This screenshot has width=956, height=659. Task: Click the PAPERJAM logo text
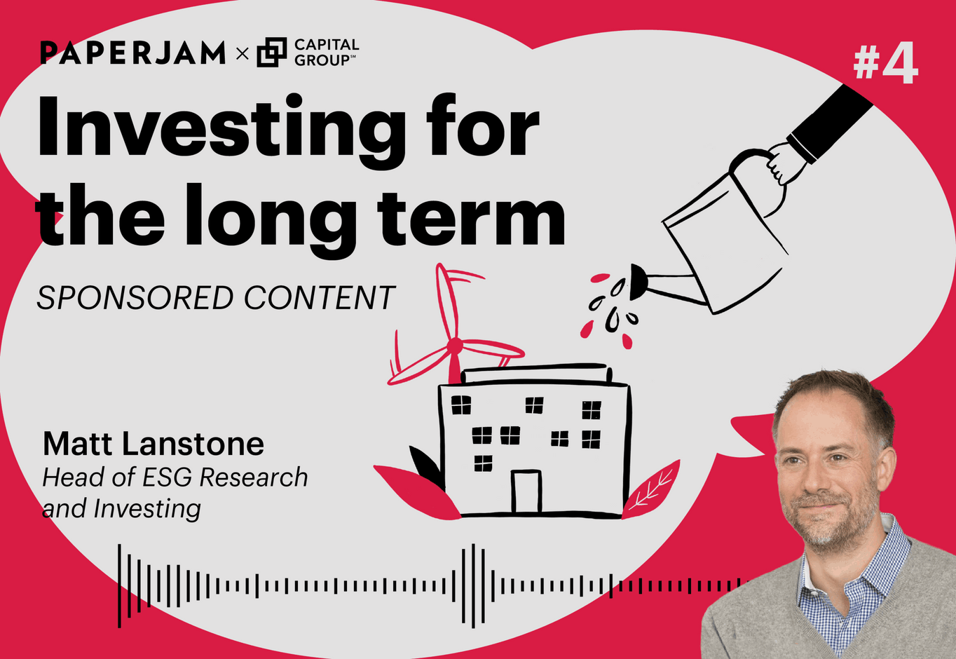132,53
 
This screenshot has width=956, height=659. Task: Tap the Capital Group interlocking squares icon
272,53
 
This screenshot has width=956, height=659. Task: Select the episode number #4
886,64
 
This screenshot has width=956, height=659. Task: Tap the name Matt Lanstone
153,444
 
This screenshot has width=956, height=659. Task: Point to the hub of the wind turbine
455,345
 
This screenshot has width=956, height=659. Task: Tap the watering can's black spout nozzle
639,281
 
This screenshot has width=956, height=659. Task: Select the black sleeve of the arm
831,122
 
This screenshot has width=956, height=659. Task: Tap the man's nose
814,482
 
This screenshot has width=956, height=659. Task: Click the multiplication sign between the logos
243,53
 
